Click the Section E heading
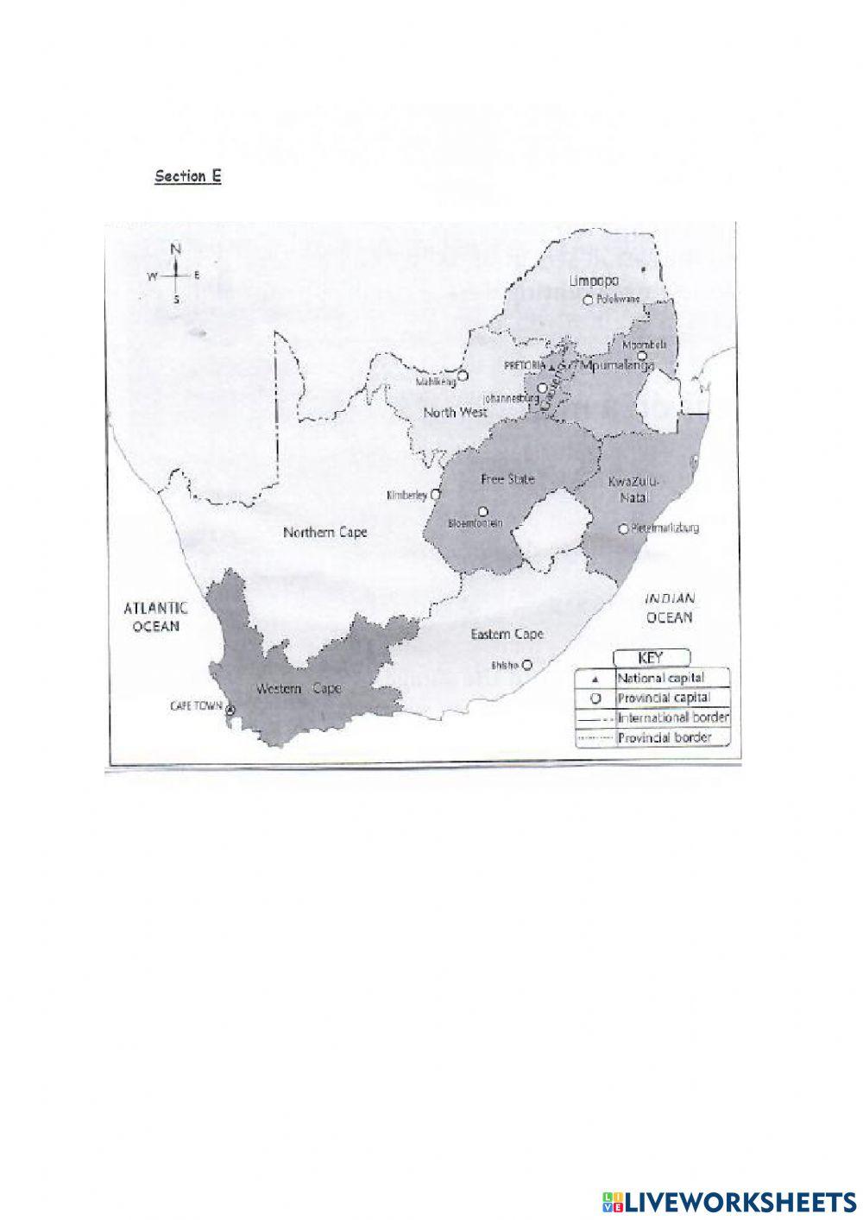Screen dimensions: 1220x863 coord(188,176)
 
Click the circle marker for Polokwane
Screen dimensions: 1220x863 coord(588,300)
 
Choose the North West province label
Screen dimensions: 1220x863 coord(455,413)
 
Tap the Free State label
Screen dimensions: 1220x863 coord(507,478)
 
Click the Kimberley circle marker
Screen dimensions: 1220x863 coord(436,496)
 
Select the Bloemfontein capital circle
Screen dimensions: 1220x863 coord(482,510)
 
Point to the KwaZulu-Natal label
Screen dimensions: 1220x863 coord(627,490)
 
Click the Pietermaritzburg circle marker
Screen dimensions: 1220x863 coord(623,528)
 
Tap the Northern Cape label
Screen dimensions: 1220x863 coord(325,533)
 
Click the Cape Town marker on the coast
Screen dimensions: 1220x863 coord(230,709)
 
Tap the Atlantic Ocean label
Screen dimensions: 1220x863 coord(154,616)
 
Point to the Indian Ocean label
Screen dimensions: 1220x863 coord(670,608)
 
